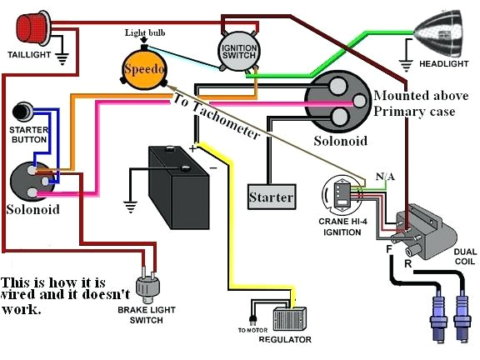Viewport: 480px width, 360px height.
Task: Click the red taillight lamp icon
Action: (x=31, y=27)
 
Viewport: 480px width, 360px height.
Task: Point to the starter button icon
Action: (x=23, y=111)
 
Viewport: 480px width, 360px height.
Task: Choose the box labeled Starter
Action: (x=272, y=197)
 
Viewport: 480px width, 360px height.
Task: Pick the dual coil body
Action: (x=423, y=225)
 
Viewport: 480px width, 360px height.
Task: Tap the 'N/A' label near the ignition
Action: (x=363, y=177)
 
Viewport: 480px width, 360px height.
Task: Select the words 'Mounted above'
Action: (x=414, y=96)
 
